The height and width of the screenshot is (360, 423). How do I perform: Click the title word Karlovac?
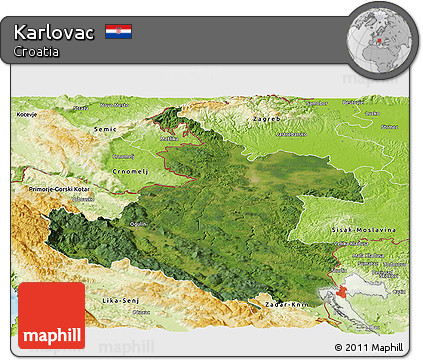tap(55, 32)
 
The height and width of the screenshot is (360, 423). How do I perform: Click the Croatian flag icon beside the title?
tap(118, 32)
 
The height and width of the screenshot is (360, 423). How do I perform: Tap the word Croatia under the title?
tap(37, 51)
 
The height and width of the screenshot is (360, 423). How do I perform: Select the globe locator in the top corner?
tap(380, 40)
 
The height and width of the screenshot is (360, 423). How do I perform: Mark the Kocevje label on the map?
tap(27, 115)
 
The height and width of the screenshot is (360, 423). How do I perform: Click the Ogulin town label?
tap(139, 223)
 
